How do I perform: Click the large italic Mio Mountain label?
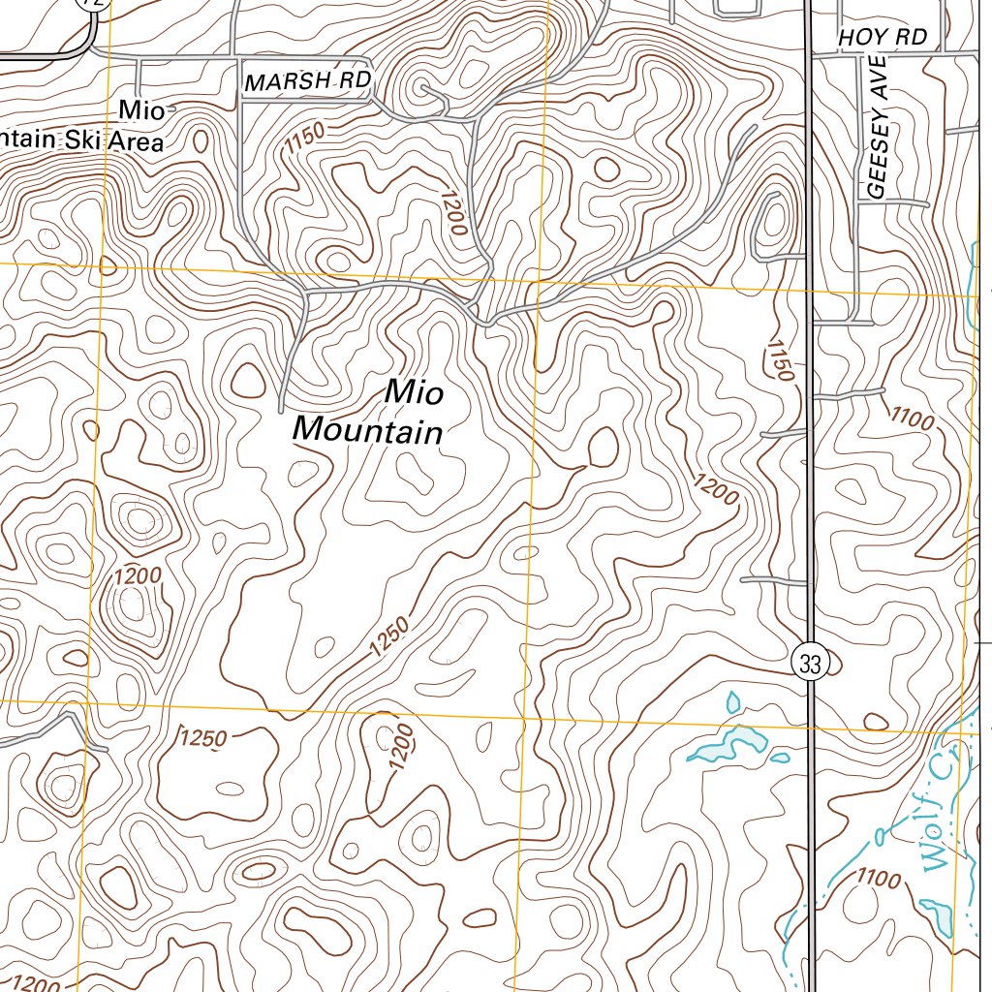click(368, 412)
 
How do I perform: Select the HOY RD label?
click(883, 38)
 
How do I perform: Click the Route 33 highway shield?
click(811, 664)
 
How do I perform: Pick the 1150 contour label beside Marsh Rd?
click(305, 141)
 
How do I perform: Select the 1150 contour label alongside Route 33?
click(780, 358)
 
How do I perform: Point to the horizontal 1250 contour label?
click(203, 738)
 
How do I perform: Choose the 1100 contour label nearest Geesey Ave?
click(912, 418)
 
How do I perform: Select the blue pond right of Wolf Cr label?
click(936, 913)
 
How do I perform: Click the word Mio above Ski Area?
click(141, 109)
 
